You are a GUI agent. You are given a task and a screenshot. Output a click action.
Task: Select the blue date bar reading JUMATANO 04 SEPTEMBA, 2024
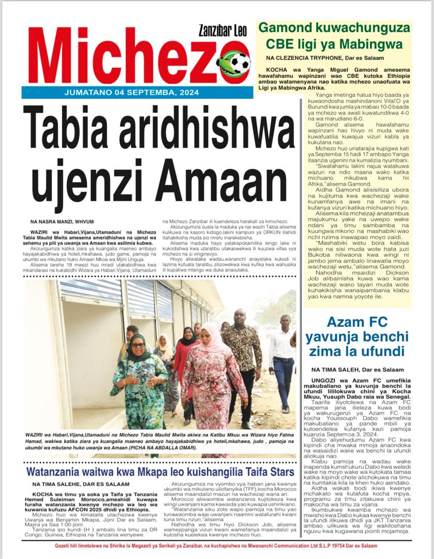point(128,93)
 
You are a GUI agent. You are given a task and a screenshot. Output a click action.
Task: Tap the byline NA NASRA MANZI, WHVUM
point(67,222)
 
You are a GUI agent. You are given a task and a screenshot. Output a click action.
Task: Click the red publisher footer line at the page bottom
point(217,546)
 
